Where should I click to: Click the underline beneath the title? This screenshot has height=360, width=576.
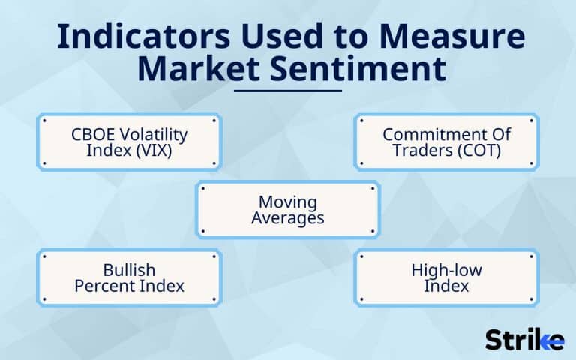(x=288, y=91)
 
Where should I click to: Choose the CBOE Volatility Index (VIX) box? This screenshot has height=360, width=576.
(x=129, y=142)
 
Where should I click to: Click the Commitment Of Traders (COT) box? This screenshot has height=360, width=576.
(x=446, y=142)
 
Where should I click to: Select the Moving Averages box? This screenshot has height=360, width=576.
(x=288, y=210)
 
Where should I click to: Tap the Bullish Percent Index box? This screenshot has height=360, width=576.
(x=129, y=277)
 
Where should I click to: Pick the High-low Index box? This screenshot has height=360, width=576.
(x=446, y=277)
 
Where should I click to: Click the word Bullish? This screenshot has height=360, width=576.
(x=129, y=269)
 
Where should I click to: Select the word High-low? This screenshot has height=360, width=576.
(x=446, y=269)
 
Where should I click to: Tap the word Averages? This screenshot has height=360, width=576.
(x=288, y=218)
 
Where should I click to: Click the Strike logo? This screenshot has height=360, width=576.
(x=524, y=339)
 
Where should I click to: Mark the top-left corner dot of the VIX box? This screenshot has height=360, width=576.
(x=44, y=120)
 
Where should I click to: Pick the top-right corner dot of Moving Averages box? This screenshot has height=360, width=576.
(x=373, y=188)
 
